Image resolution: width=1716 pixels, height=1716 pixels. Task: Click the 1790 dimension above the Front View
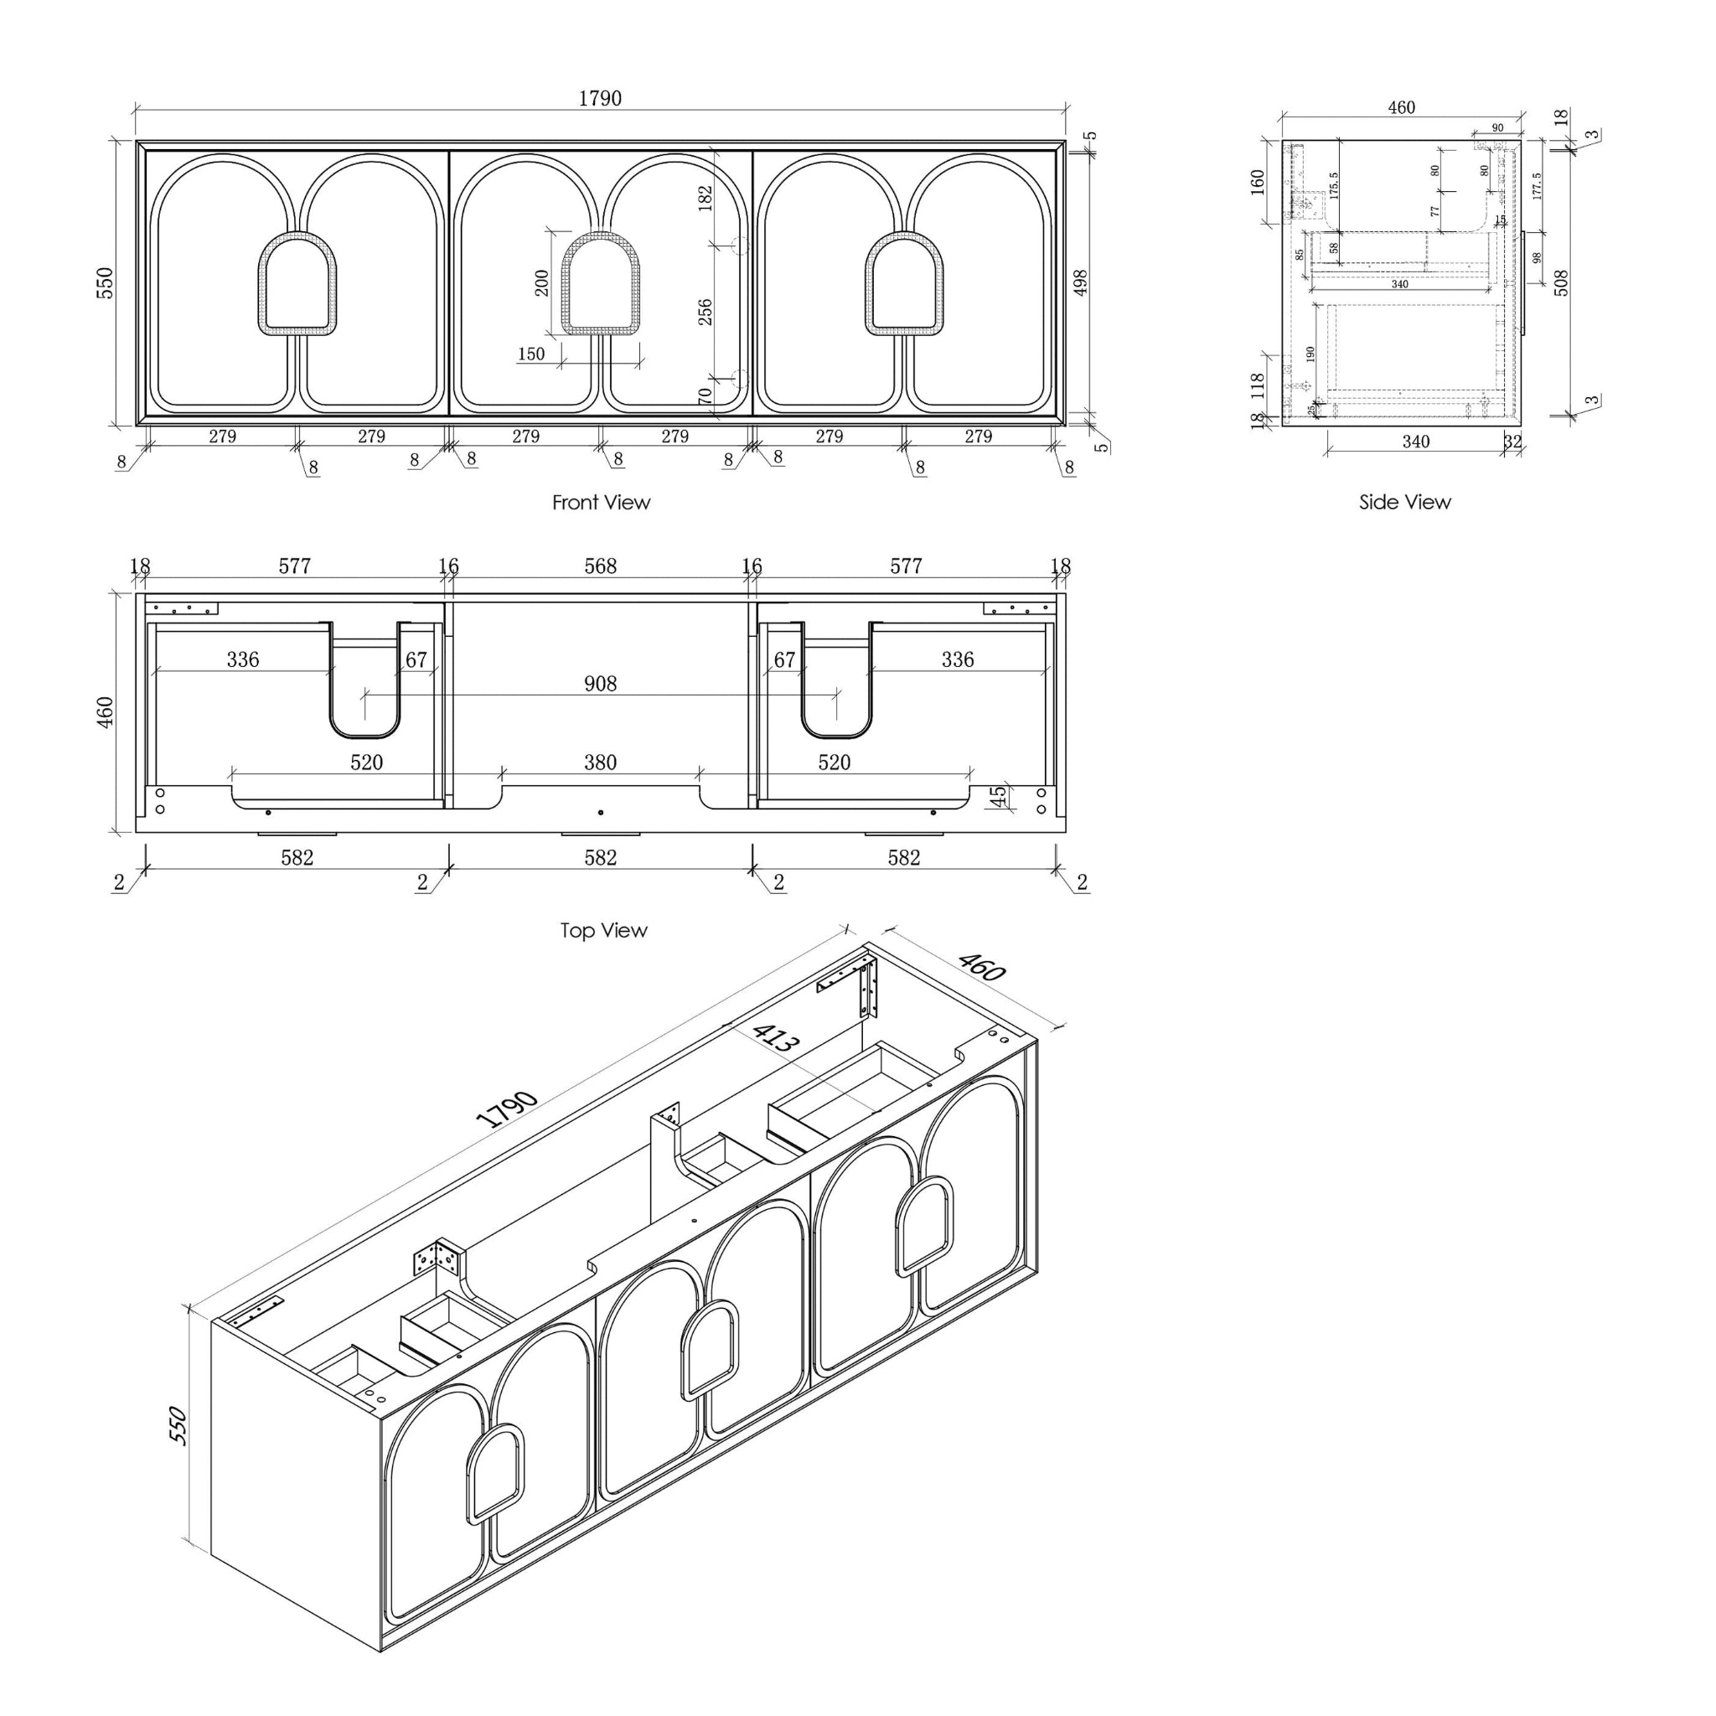click(x=601, y=99)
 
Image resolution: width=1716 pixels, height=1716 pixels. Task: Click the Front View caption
click(x=602, y=503)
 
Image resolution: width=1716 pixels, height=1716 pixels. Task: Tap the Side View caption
click(x=1404, y=503)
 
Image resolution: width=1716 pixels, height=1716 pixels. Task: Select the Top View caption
click(x=603, y=931)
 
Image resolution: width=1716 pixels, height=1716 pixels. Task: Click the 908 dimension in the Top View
click(x=601, y=684)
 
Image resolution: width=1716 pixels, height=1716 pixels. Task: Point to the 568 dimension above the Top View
click(x=601, y=566)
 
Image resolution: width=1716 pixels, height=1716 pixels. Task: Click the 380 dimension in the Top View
click(x=601, y=762)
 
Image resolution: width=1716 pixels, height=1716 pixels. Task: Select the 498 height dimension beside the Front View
click(x=1081, y=283)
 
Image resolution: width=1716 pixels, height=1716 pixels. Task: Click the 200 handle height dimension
click(x=542, y=283)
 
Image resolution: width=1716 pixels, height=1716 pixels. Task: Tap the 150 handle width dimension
click(x=531, y=354)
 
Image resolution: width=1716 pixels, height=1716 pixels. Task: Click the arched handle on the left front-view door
click(x=297, y=284)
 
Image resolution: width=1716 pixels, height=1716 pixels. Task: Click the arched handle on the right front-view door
click(x=904, y=284)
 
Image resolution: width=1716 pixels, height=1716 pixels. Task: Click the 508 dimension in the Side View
click(x=1563, y=283)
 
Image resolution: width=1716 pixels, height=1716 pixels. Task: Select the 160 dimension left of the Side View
click(x=1258, y=182)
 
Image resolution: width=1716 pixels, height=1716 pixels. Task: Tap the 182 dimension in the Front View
click(x=706, y=197)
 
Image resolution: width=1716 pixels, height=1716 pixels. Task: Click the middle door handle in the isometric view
click(x=708, y=1351)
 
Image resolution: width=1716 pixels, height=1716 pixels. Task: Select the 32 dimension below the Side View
click(x=1512, y=442)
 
